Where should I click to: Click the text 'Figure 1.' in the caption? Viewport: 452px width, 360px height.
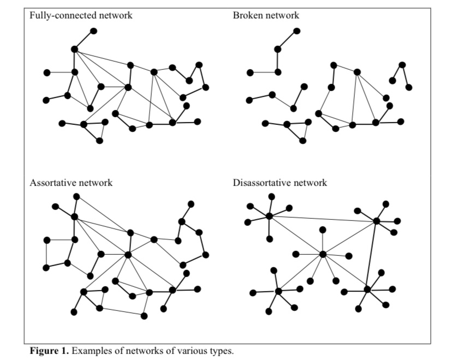(48, 350)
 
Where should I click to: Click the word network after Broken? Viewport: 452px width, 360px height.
(283, 15)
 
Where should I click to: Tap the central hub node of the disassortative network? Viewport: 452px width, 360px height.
(323, 254)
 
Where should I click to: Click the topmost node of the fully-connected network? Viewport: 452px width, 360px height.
(94, 31)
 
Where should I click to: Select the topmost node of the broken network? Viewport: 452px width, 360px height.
(297, 31)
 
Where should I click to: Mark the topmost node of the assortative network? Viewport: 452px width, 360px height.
(76, 196)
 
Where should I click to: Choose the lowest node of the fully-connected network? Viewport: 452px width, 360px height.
(99, 141)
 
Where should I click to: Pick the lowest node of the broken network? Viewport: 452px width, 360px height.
(302, 141)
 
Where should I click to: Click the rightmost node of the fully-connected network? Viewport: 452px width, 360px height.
(206, 87)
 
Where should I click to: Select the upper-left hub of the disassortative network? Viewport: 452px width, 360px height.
(269, 217)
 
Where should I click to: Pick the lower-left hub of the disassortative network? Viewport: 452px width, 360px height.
(278, 291)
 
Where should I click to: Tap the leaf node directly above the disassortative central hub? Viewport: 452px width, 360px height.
(323, 230)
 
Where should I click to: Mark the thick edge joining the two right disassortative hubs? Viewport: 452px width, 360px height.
(372, 255)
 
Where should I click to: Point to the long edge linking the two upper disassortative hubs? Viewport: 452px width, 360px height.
(322, 219)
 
